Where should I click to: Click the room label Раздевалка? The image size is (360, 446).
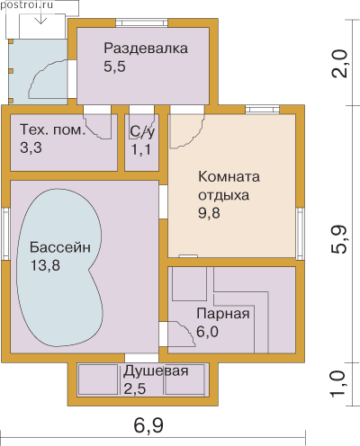coord(146,49)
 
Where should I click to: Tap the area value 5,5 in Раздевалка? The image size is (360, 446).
coord(114,67)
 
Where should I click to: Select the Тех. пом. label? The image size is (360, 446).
coord(53,130)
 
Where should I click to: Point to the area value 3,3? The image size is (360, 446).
coord(31,147)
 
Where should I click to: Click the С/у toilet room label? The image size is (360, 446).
coord(142,131)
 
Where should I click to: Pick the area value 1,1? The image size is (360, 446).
coord(141,149)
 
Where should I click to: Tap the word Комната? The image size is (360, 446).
coord(229,177)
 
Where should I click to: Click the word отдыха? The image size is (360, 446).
coord(224,195)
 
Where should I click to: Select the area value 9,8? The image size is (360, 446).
coord(209,213)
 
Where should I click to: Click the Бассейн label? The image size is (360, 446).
coord(60,247)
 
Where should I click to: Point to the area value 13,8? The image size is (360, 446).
coord(45,265)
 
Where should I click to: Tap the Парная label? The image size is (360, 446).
coord(223,314)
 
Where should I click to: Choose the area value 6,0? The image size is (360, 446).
coord(208,332)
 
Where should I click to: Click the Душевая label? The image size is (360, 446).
coord(156,371)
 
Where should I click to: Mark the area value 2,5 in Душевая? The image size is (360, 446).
coord(135,389)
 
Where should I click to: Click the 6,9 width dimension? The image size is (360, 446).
coord(148,426)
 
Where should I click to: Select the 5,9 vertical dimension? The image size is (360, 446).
coord(339,239)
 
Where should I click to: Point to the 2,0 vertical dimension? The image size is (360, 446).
coord(339,64)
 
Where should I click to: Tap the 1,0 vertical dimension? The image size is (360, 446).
coord(339,384)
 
